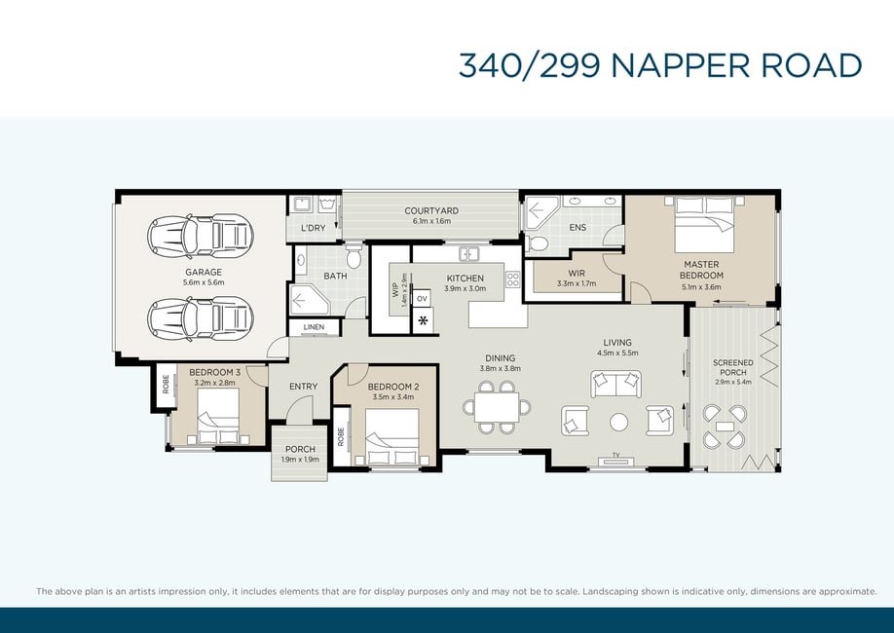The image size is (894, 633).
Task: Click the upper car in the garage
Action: coord(200,237)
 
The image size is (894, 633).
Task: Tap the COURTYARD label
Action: coord(431,210)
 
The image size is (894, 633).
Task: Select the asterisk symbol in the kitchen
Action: coord(423,320)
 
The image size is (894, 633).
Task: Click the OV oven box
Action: coord(422,299)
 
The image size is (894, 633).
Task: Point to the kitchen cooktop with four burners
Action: coord(512,279)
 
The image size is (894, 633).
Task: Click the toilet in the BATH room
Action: coord(354,257)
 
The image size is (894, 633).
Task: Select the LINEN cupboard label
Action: coord(315,327)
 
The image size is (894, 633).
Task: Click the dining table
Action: coord(497,407)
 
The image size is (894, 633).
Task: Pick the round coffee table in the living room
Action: coord(618,422)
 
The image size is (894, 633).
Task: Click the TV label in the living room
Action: coord(615,455)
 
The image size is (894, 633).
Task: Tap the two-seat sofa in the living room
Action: coord(615,384)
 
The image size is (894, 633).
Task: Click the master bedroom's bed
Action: coord(704,225)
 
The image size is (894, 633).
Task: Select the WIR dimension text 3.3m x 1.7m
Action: coord(577,283)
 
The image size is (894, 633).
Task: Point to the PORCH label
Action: coord(300,449)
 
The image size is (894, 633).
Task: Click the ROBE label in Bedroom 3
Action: coord(166,384)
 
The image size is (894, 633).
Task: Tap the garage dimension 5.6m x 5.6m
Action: coord(204,282)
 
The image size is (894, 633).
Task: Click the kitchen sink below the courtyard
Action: coord(469,253)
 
